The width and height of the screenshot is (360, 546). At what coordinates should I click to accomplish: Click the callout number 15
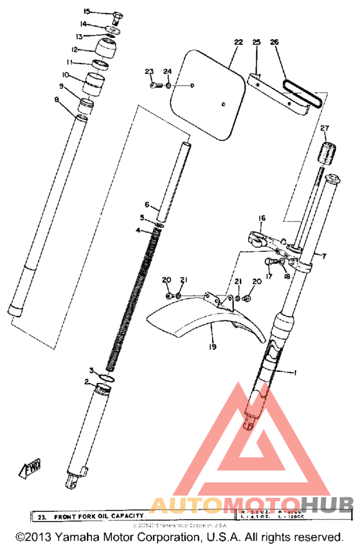(87, 12)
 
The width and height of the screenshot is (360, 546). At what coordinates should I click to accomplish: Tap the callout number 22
(238, 42)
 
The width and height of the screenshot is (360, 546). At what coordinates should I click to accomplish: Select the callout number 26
(274, 42)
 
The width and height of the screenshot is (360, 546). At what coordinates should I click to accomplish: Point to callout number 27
(324, 128)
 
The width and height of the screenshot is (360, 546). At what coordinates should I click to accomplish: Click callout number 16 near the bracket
(262, 218)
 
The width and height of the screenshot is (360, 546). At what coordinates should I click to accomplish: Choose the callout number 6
(147, 205)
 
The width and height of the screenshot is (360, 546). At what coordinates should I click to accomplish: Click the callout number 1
(296, 373)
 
